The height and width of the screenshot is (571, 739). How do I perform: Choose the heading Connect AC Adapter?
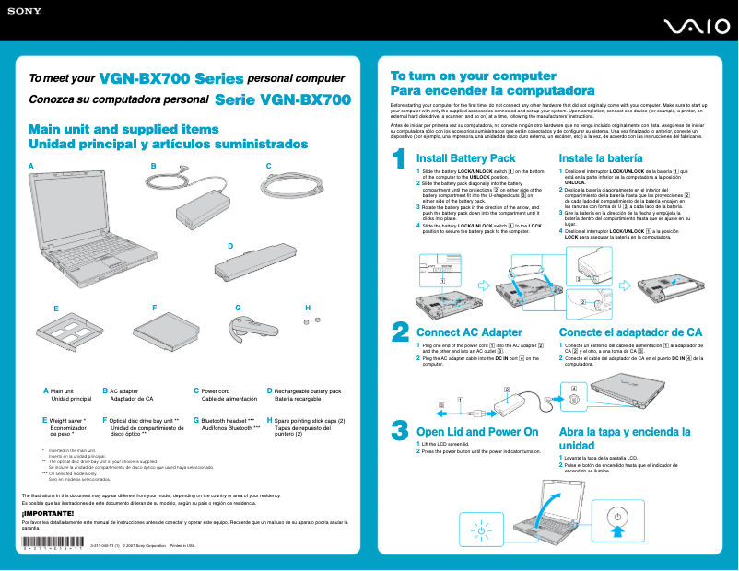(469, 332)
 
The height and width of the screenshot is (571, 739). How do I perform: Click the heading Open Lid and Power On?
(477, 431)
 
